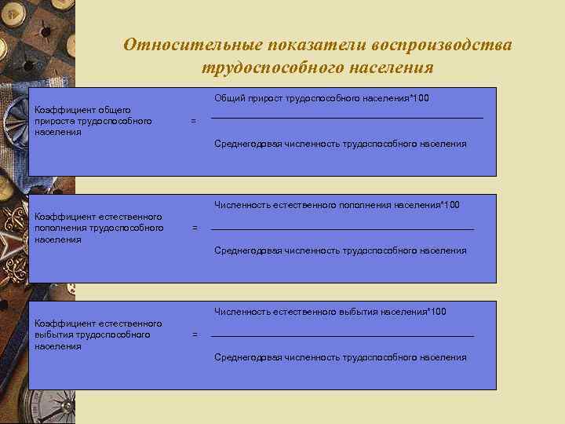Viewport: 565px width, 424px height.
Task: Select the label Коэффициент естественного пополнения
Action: pyautogui.click(x=98, y=228)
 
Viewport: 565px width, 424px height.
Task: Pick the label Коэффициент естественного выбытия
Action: pyautogui.click(x=98, y=334)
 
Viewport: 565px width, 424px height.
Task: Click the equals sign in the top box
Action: pyautogui.click(x=194, y=121)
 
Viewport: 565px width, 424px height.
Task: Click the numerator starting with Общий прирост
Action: pyautogui.click(x=322, y=98)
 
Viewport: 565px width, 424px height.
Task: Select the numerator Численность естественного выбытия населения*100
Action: pyautogui.click(x=330, y=312)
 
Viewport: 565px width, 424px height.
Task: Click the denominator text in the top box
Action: pyautogui.click(x=341, y=144)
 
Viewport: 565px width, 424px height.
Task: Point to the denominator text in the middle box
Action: pyautogui.click(x=341, y=250)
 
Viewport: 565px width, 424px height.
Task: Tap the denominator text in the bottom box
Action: pyautogui.click(x=341, y=357)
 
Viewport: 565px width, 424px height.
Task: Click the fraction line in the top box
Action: pyautogui.click(x=347, y=118)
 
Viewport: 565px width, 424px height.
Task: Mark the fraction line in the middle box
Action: pyautogui.click(x=343, y=228)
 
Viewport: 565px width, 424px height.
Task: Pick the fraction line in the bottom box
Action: pyautogui.click(x=343, y=336)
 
